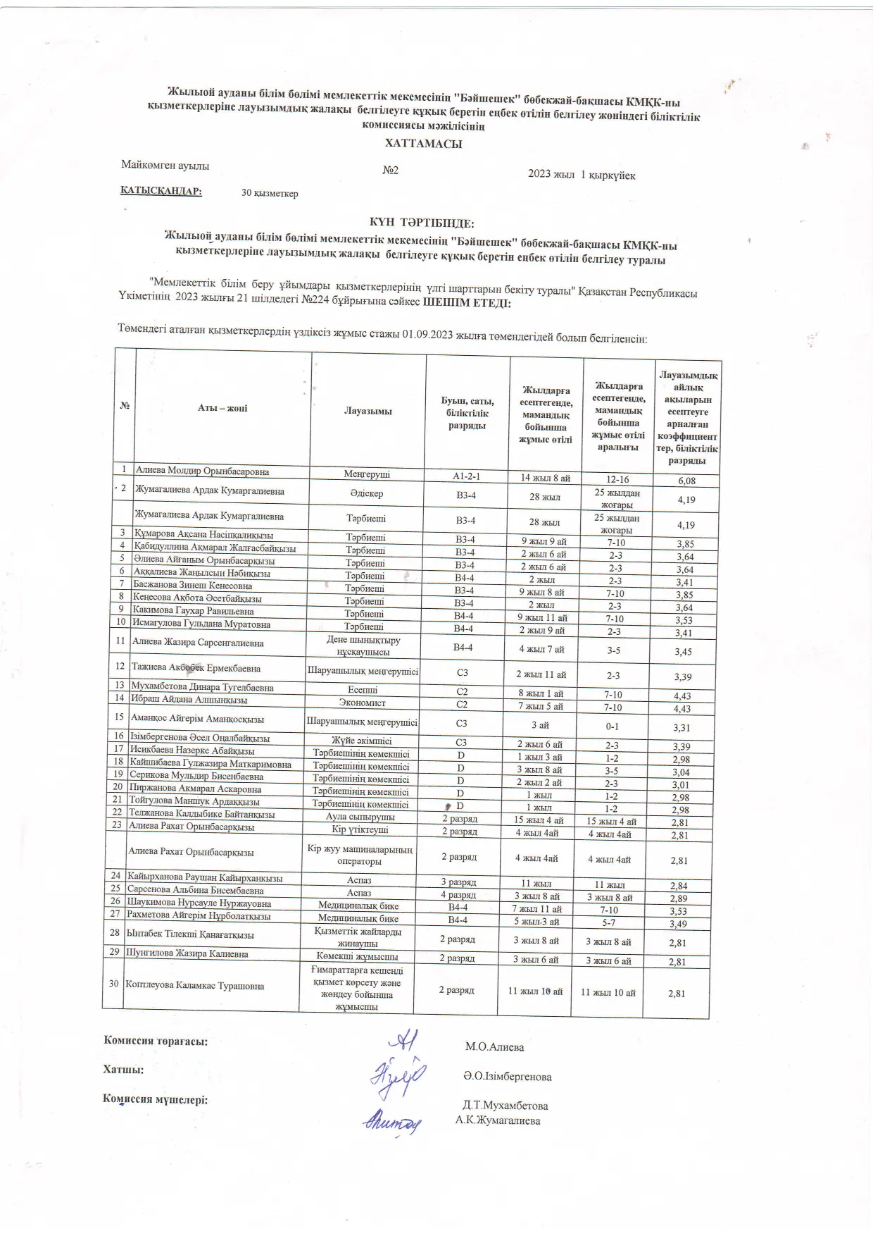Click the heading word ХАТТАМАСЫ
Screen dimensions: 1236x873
point(423,144)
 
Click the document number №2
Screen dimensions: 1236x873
point(391,171)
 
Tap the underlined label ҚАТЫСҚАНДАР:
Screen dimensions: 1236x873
point(161,191)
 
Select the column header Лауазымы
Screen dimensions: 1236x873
point(368,411)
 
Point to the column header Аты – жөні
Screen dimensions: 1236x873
point(222,408)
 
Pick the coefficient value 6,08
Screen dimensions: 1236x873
point(686,481)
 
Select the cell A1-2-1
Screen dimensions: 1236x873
point(466,476)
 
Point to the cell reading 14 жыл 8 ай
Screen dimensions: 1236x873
point(545,478)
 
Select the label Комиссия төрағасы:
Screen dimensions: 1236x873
point(156,1040)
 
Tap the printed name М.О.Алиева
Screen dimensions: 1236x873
point(494,1046)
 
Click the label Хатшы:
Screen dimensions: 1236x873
point(123,1069)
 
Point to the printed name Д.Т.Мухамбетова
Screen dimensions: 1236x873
point(505,1106)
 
